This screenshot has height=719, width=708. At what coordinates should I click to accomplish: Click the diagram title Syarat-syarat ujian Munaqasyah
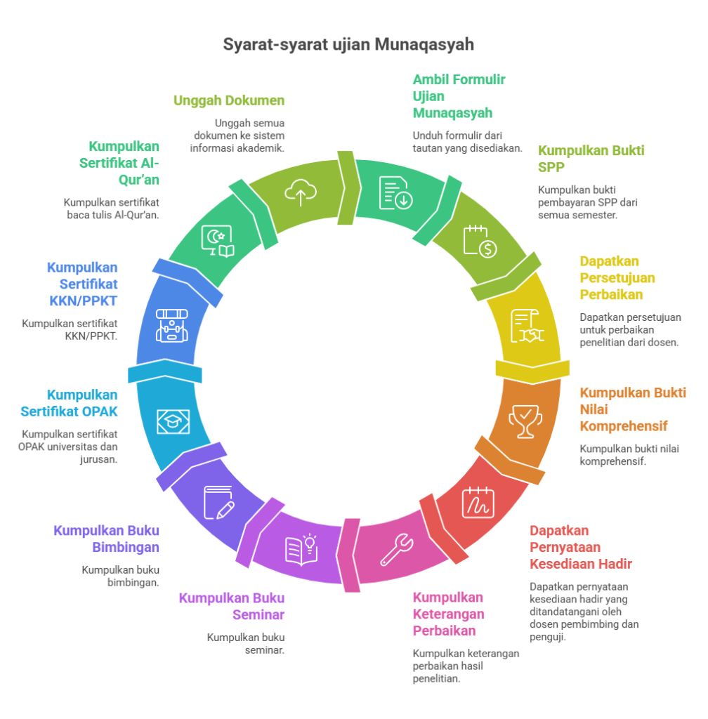348,45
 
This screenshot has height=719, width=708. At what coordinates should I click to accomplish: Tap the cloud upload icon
300,192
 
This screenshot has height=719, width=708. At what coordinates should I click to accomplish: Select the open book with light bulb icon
301,549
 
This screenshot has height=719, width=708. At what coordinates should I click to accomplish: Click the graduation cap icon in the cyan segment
172,421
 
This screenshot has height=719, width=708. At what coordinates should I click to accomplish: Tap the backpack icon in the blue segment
172,326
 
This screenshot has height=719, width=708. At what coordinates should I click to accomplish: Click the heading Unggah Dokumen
229,100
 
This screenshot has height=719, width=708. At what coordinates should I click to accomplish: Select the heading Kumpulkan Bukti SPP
591,159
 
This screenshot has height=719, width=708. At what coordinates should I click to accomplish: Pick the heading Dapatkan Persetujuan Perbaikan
617,277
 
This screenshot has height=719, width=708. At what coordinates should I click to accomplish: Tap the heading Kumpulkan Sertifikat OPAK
82,403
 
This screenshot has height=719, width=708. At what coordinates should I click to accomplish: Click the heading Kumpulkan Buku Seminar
232,606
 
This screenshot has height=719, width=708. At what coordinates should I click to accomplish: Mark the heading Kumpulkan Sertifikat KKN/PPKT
82,284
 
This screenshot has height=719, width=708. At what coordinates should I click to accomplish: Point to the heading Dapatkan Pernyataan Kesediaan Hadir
580,547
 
